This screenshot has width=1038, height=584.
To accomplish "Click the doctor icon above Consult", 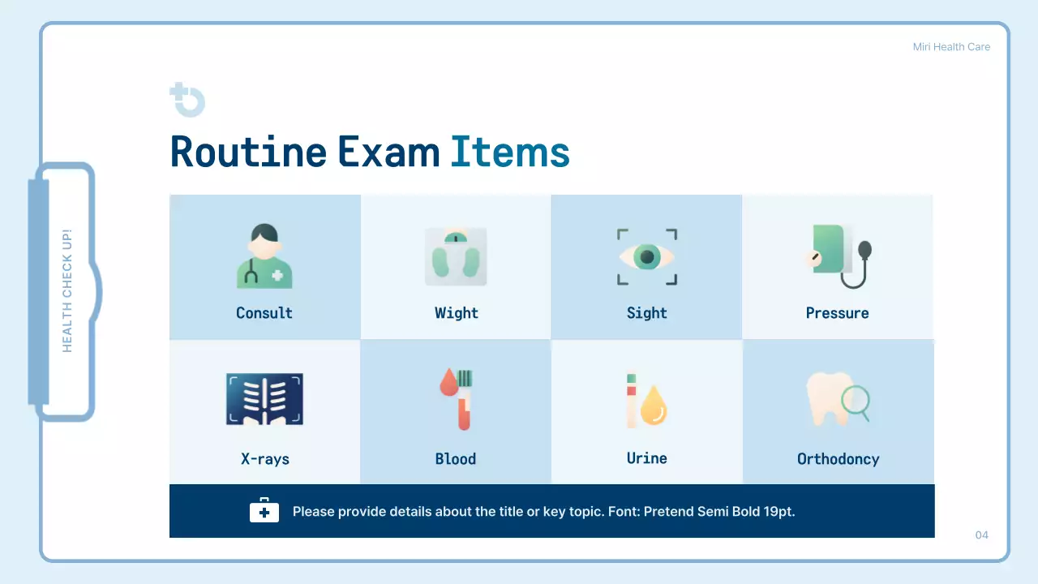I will pos(264,257).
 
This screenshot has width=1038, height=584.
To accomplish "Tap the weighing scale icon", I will pos(456,256).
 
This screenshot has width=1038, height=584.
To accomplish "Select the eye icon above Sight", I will pos(647,257).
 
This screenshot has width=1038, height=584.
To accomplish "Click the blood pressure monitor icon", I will pos(839,256).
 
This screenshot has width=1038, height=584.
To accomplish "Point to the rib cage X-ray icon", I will pos(264,399).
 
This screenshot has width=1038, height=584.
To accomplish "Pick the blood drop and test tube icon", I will pos(457,399).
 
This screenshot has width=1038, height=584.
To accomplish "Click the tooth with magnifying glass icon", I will pos(838,399).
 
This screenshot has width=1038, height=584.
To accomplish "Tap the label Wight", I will pos(457,313).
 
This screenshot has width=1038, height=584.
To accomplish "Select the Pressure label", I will pos(837,313).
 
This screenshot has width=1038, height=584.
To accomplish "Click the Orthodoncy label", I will pos(838,459).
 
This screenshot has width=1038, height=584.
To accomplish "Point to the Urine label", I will pos(647,458).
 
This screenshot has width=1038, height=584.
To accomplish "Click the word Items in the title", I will pos(510,152).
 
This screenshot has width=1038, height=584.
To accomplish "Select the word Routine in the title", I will pos(248,152).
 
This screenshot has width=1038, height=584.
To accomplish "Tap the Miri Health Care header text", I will pos(951,47).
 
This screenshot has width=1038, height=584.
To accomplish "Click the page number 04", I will pos(981,535).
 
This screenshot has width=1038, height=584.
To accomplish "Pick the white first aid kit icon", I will pos(264,511).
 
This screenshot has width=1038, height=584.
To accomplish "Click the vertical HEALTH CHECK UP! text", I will pos(67,290).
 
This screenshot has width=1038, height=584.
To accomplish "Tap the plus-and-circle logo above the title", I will pos(187,100).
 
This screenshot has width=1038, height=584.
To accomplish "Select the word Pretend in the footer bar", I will pos(669,512).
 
